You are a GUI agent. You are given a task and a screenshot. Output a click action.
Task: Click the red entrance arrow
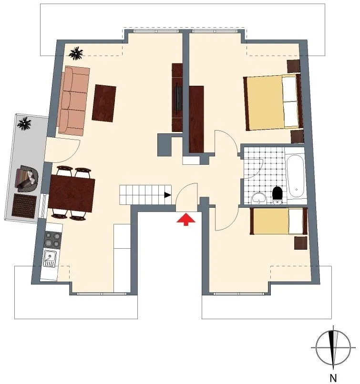click(186, 219)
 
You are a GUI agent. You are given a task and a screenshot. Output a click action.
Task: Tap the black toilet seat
click(278, 193)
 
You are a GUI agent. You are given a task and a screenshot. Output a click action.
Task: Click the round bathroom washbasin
click(259, 198)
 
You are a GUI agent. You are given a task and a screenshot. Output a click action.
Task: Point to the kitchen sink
click(50, 258)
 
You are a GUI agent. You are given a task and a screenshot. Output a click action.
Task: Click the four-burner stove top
click(52, 240)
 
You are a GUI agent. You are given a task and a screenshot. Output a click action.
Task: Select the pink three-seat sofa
click(73, 101)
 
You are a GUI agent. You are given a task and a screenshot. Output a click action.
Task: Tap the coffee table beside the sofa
click(104, 103)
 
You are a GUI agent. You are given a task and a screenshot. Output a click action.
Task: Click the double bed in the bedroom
click(273, 102)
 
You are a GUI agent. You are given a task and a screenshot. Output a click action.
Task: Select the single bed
click(279, 221)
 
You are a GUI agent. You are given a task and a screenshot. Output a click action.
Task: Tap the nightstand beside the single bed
click(300, 243)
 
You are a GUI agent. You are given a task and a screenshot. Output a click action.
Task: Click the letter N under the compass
click(333, 378)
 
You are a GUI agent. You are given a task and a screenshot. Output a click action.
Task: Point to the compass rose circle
click(333, 347)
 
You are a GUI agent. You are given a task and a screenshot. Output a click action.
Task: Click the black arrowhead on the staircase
click(168, 195)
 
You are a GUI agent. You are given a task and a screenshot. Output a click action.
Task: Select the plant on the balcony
click(24, 124)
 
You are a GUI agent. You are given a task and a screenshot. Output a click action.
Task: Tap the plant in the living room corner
click(76, 53)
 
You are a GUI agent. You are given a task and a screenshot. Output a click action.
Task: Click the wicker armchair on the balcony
click(28, 178)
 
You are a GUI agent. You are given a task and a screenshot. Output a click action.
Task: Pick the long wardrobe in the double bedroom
click(196, 119)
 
